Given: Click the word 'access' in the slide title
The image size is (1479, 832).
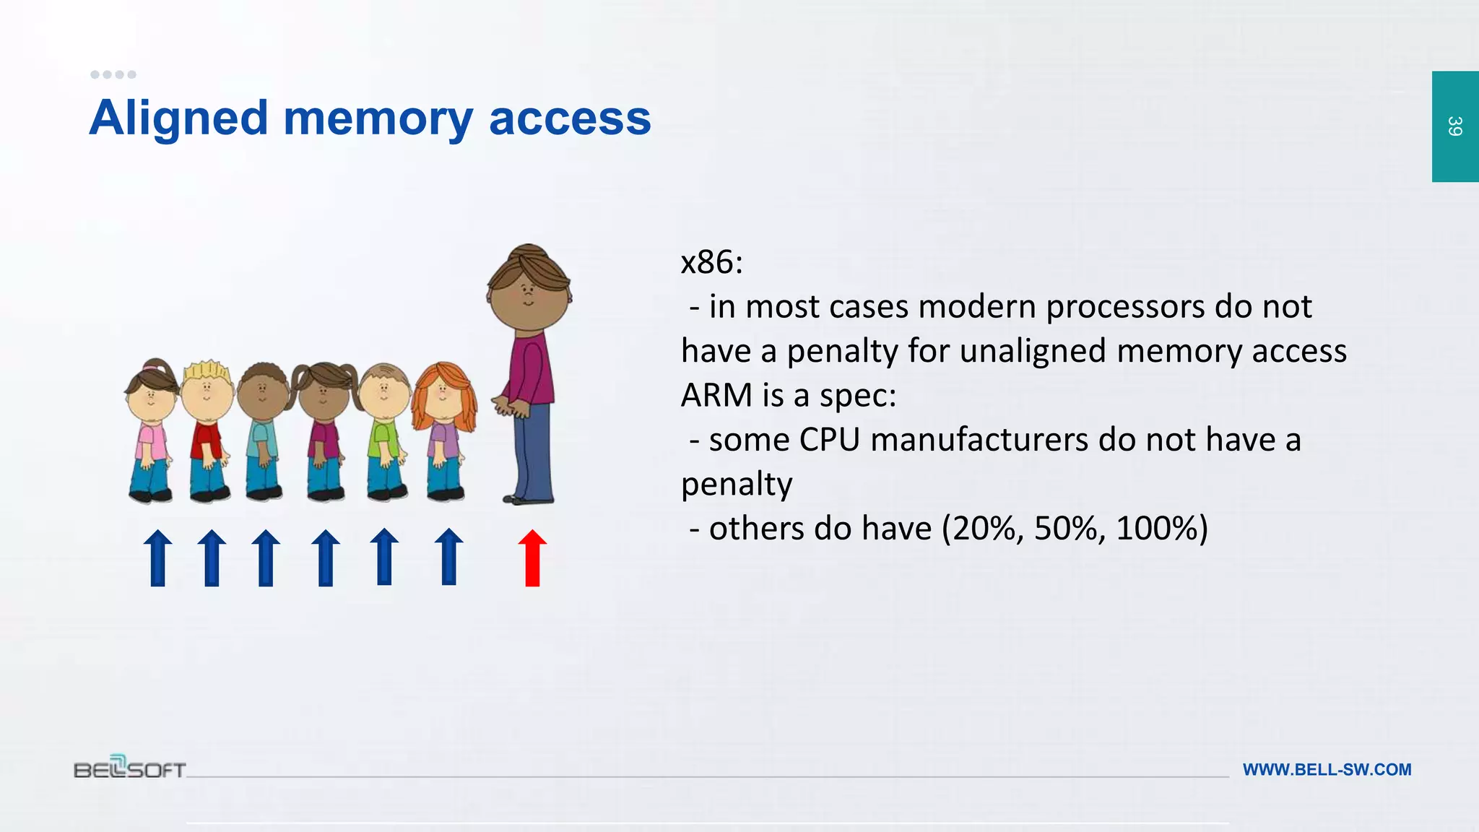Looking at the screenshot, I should [x=570, y=118].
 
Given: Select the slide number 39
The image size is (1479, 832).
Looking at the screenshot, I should [x=1454, y=126].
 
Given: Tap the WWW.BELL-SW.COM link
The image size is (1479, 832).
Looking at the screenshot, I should [x=1327, y=770].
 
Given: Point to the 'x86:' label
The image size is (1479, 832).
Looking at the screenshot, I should [x=712, y=262].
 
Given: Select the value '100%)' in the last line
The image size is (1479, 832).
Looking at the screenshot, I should [x=1161, y=529].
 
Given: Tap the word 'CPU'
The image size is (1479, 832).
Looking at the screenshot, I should [x=830, y=441].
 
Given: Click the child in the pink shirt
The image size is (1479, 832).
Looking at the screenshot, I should [x=152, y=433].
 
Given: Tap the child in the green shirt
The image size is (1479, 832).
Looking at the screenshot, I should [x=384, y=433].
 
